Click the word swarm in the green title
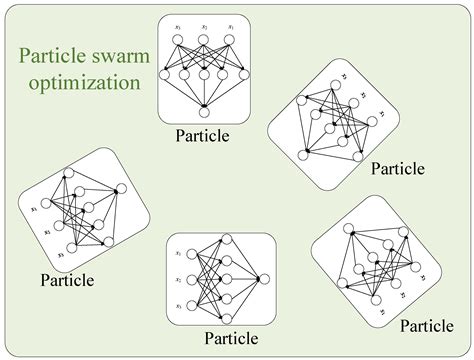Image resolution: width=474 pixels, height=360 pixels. point(122,57)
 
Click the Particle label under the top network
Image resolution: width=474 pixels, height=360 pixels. point(204,135)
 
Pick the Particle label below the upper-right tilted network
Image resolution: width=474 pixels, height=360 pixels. point(398,168)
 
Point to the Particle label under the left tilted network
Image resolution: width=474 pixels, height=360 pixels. point(68,279)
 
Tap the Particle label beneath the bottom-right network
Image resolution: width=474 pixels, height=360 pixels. point(427,327)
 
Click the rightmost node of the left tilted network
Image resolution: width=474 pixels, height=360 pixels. point(121,188)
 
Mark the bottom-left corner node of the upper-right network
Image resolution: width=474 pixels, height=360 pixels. point(303,156)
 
